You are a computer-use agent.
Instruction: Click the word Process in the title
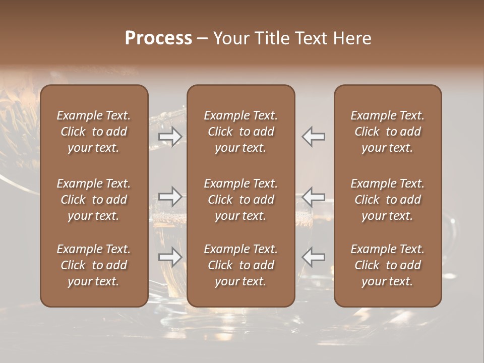pyautogui.click(x=158, y=38)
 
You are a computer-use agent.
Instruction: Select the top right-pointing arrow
pyautogui.click(x=170, y=137)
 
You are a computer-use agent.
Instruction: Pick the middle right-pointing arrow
pyautogui.click(x=170, y=197)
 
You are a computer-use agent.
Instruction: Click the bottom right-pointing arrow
pyautogui.click(x=170, y=257)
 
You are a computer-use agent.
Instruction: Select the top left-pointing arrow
pyautogui.click(x=313, y=137)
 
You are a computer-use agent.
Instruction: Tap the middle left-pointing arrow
pyautogui.click(x=313, y=197)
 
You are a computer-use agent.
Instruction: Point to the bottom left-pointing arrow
pyautogui.click(x=313, y=257)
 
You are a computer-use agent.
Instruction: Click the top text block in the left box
pyautogui.click(x=94, y=132)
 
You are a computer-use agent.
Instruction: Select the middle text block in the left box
pyautogui.click(x=94, y=200)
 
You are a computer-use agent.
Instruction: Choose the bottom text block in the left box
pyautogui.click(x=94, y=265)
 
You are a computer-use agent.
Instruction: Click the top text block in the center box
pyautogui.click(x=240, y=132)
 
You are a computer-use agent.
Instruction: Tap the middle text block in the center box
pyautogui.click(x=240, y=200)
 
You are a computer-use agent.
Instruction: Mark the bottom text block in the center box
pyautogui.click(x=240, y=265)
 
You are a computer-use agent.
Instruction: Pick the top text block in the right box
pyautogui.click(x=387, y=132)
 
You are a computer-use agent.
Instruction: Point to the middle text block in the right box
pyautogui.click(x=387, y=200)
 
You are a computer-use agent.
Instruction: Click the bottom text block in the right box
pyautogui.click(x=387, y=265)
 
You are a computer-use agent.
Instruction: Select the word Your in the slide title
pyautogui.click(x=231, y=38)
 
